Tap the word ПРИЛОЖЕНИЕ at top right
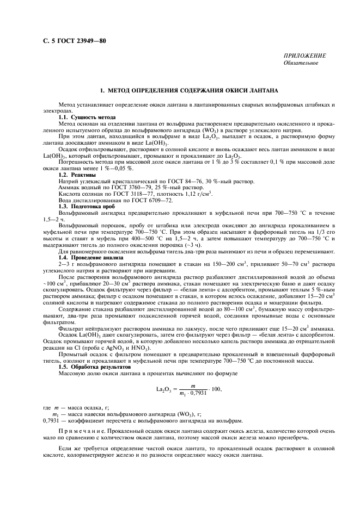(305, 56)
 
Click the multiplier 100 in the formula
(216, 389)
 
